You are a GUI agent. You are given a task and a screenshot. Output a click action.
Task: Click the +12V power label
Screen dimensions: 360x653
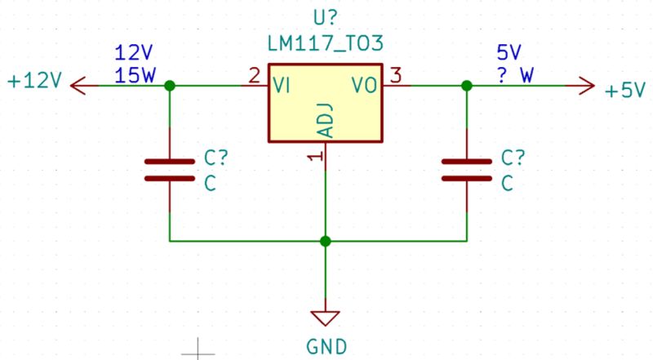click(34, 82)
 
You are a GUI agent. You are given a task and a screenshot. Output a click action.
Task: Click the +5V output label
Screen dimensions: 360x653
click(625, 91)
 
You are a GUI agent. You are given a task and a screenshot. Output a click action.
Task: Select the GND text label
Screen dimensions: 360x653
click(326, 345)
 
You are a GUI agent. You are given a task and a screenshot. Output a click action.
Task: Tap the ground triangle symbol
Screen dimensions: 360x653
click(326, 318)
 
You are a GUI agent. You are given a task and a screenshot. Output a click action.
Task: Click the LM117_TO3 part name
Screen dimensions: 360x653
click(326, 42)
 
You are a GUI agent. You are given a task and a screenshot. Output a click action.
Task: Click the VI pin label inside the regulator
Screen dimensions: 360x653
click(284, 85)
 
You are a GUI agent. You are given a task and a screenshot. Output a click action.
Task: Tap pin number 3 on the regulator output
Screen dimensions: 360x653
click(396, 76)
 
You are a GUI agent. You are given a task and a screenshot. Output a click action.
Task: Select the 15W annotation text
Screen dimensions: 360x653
click(135, 76)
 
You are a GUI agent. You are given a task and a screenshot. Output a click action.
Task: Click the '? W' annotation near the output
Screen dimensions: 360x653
click(516, 76)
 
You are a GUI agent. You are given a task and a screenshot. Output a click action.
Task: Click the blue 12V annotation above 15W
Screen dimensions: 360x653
click(135, 53)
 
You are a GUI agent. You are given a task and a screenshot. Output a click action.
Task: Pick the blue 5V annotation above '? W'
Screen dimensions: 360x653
click(509, 53)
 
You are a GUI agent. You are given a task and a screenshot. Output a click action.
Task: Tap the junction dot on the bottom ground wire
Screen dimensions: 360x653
click(326, 241)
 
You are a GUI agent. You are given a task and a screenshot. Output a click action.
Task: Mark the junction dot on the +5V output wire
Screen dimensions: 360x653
click(466, 85)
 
